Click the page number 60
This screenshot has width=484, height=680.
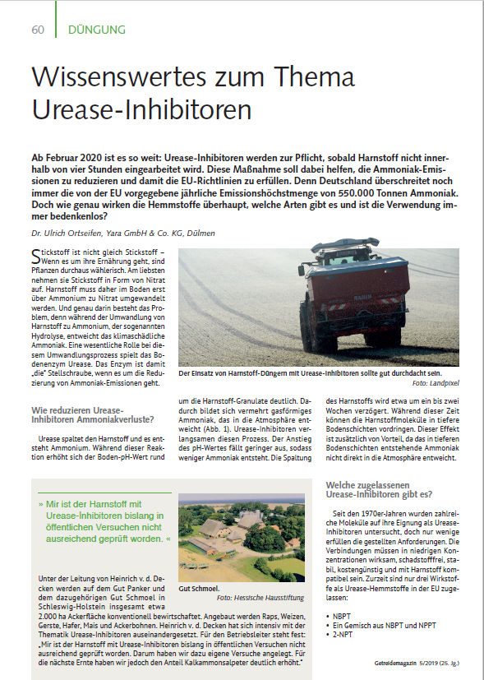[x=38, y=30]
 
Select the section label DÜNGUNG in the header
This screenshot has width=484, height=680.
[x=91, y=30]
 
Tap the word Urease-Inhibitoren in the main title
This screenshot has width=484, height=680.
[x=141, y=109]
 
